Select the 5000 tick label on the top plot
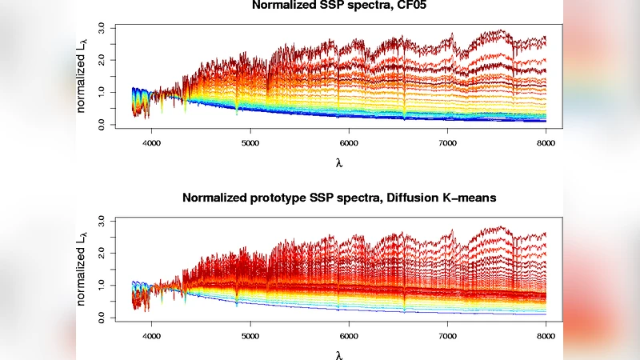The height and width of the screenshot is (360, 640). click(250, 142)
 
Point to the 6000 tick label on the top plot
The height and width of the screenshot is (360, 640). click(349, 142)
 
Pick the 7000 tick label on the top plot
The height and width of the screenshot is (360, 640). click(446, 142)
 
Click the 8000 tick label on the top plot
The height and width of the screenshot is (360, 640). click(545, 142)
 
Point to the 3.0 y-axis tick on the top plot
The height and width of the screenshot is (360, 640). click(102, 27)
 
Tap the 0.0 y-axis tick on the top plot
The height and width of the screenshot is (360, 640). click(102, 126)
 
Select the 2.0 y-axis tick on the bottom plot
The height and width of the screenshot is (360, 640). click(102, 252)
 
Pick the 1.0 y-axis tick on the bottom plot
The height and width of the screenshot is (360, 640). click(102, 285)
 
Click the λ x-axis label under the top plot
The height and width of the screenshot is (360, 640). click(340, 162)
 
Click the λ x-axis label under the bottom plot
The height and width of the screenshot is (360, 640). click(340, 354)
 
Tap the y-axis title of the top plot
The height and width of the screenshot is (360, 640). click(83, 76)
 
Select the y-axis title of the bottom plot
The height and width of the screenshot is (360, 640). click(83, 269)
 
